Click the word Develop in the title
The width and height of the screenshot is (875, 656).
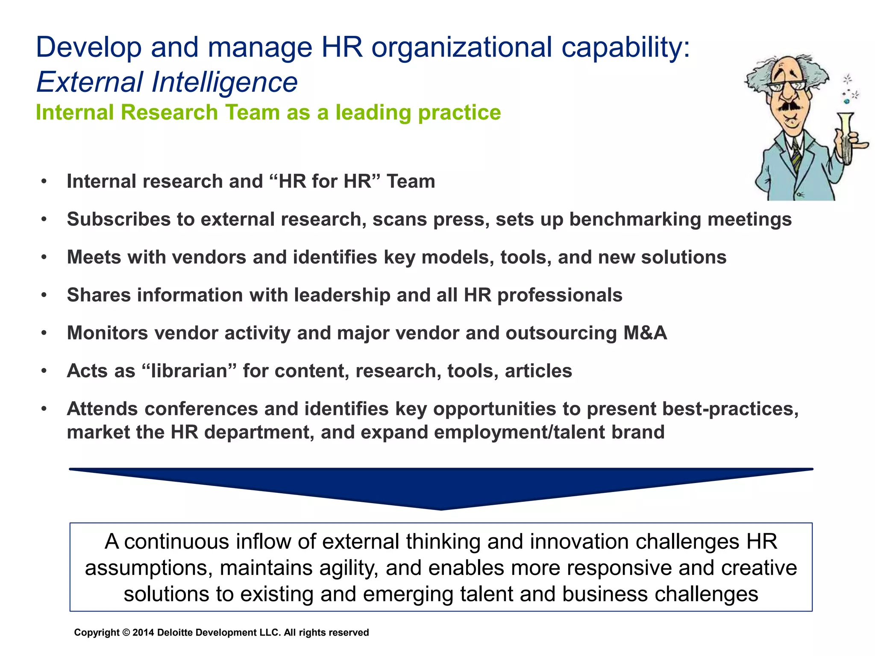point(89,47)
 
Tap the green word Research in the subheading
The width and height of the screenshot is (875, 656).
point(169,112)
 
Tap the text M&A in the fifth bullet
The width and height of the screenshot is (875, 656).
point(645,333)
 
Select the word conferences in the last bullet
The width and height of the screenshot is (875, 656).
point(201,409)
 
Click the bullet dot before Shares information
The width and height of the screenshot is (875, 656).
point(44,295)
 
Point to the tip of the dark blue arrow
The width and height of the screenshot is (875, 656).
point(441,508)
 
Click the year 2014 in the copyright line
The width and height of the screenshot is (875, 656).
point(143,633)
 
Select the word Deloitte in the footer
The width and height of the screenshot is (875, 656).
point(173,633)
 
